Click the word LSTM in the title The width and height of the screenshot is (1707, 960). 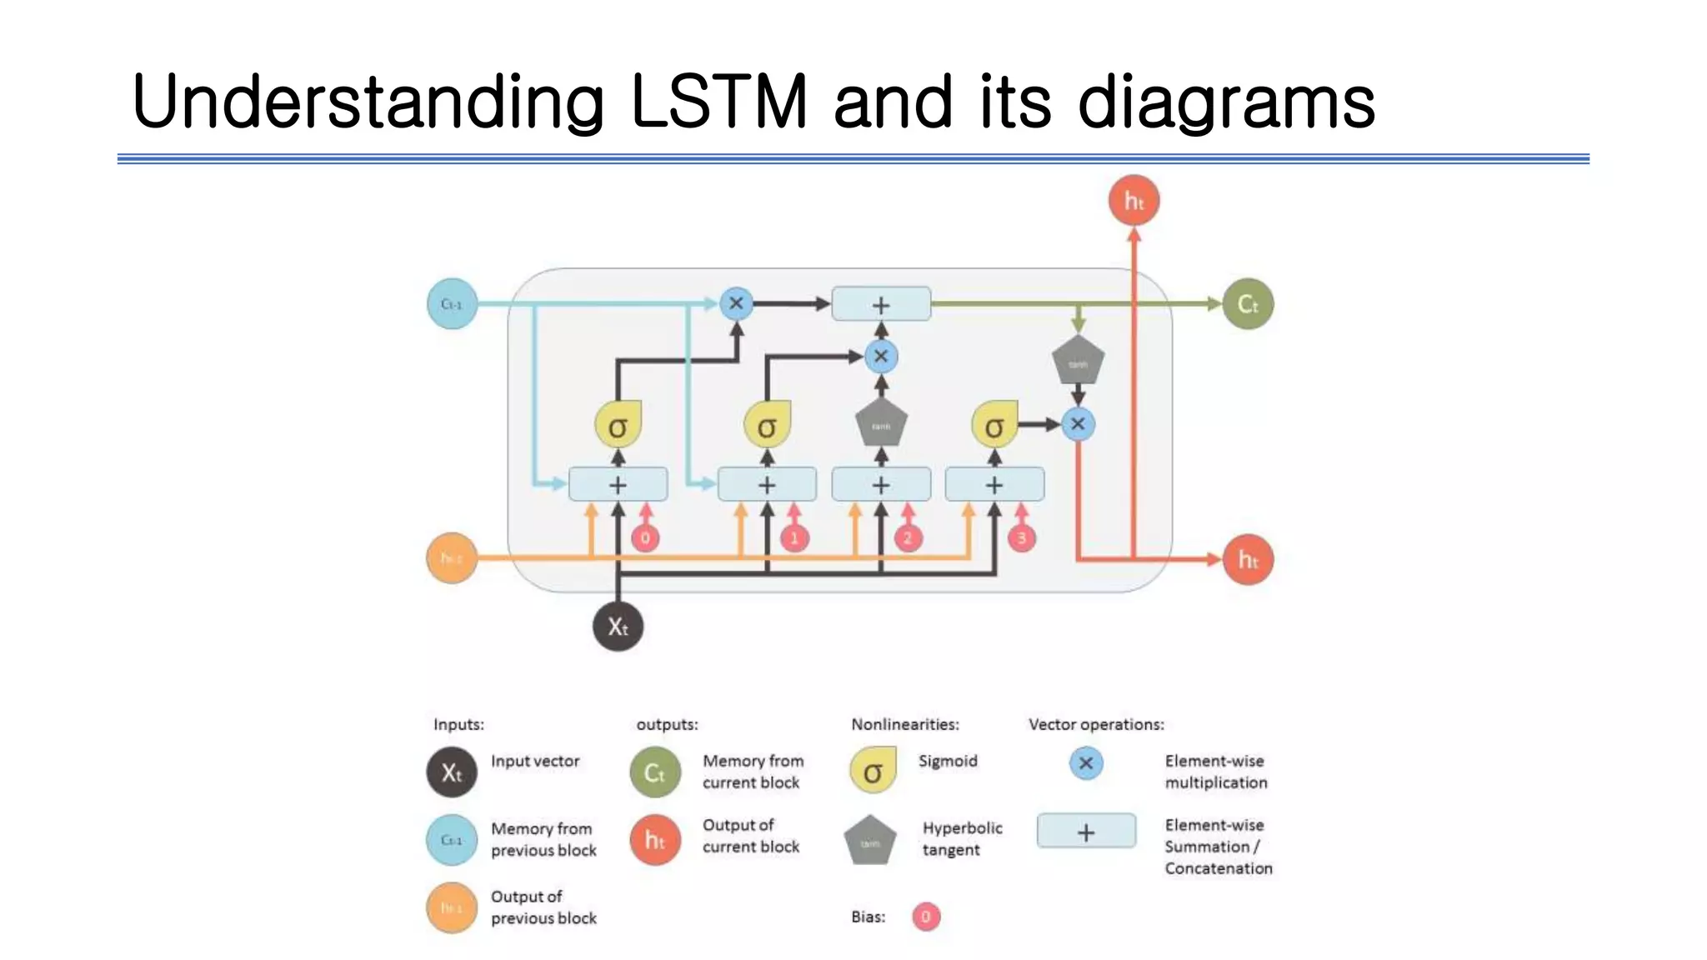tap(718, 102)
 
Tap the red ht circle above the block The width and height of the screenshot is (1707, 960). tap(1134, 201)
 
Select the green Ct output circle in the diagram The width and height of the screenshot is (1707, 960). tap(1247, 304)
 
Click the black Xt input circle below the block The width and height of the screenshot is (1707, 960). tap(618, 626)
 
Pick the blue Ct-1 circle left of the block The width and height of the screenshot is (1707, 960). tap(452, 304)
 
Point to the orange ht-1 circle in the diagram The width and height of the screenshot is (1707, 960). tap(451, 557)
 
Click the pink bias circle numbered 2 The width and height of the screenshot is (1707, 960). tap(908, 537)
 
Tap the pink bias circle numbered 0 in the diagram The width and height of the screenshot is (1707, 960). tap(645, 537)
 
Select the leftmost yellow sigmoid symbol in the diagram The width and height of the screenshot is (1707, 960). tap(618, 426)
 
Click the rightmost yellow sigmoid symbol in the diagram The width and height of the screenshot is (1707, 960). tap(994, 426)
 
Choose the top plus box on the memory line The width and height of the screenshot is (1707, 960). tap(881, 305)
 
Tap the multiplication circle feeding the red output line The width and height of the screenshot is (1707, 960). tap(1078, 423)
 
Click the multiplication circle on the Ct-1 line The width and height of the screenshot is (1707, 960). tap(736, 303)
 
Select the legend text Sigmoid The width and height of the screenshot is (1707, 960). tap(948, 761)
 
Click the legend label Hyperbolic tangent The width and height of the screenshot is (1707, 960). tap(961, 838)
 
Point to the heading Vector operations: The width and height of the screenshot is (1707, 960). tap(1095, 724)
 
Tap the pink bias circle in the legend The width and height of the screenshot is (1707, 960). tap(925, 917)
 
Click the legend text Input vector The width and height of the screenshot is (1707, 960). tap(534, 761)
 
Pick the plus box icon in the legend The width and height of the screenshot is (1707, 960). tap(1085, 832)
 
